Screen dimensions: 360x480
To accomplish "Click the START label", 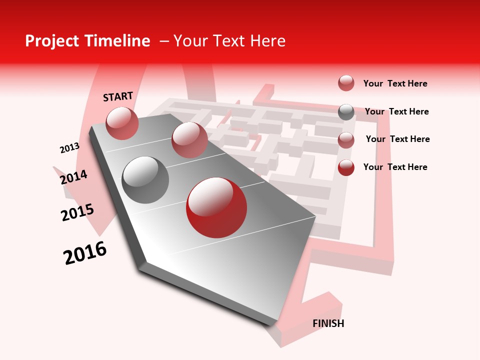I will coord(118,96).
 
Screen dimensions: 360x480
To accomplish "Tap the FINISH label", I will coord(328,323).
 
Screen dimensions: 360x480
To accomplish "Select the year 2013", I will coord(69,148).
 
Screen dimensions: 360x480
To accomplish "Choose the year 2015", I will coord(77,212).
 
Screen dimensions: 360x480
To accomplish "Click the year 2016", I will coord(85,253).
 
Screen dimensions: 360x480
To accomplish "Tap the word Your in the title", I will coord(190,41).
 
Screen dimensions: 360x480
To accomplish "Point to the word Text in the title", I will coord(228,41).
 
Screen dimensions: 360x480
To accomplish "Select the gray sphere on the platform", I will coord(145,179).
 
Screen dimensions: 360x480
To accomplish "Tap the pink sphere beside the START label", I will coord(122,123).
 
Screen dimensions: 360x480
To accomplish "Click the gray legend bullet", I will coord(346,112).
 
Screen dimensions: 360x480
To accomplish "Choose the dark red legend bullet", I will coord(346,167).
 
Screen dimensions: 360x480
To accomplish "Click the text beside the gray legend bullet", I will coord(396,111).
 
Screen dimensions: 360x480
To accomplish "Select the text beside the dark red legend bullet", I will coord(395,167).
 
